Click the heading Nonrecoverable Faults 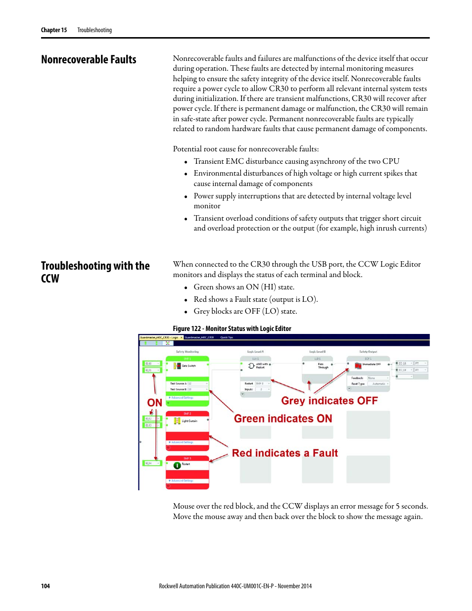point(89,60)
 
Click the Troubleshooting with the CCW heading point(95,272)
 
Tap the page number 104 point(45,586)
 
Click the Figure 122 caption point(232,329)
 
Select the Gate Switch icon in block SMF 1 point(177,366)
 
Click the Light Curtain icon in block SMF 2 point(177,421)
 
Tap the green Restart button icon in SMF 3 point(177,465)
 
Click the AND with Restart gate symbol point(251,366)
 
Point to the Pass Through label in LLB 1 point(323,366)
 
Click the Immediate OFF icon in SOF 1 point(358,365)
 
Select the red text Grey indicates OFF point(329,401)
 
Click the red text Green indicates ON point(283,419)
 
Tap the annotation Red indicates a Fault point(284,453)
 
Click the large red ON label point(154,403)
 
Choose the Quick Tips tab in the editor point(227,337)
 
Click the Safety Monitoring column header point(187,352)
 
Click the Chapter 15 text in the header point(53,30)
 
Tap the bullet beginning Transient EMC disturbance point(296,161)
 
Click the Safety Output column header point(368,352)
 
